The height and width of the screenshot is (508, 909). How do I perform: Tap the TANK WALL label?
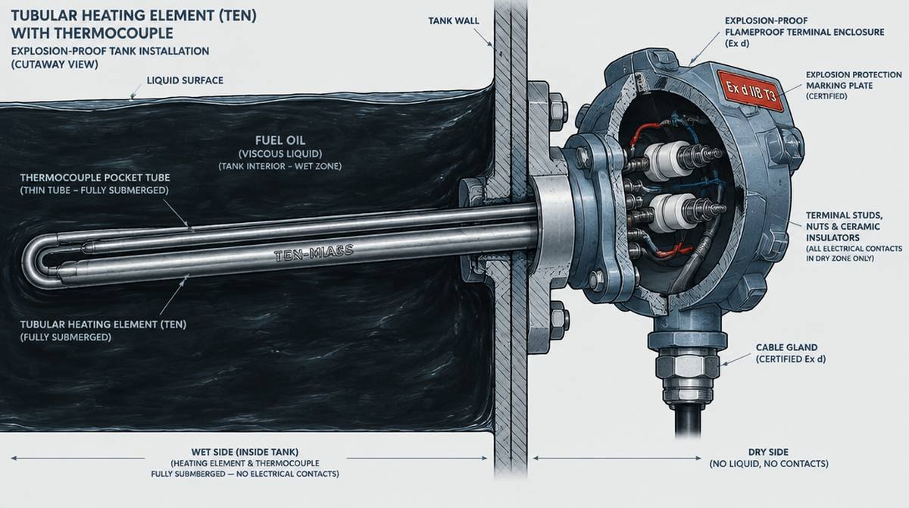coord(454,20)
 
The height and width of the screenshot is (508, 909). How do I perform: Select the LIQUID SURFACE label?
coord(185,80)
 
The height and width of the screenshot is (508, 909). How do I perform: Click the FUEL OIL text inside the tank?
coord(280,140)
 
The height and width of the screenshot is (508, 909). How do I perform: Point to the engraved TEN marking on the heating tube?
coord(314,253)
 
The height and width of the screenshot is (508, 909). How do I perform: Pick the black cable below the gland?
coord(688,419)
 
